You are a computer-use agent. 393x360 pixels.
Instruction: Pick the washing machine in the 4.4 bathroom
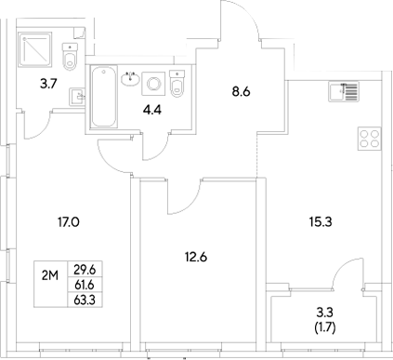155,85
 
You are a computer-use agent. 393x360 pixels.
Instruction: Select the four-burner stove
369,139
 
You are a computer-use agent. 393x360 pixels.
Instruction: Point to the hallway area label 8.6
241,92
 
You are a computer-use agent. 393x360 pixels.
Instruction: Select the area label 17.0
68,221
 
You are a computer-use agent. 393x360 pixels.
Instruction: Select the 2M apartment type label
50,273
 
